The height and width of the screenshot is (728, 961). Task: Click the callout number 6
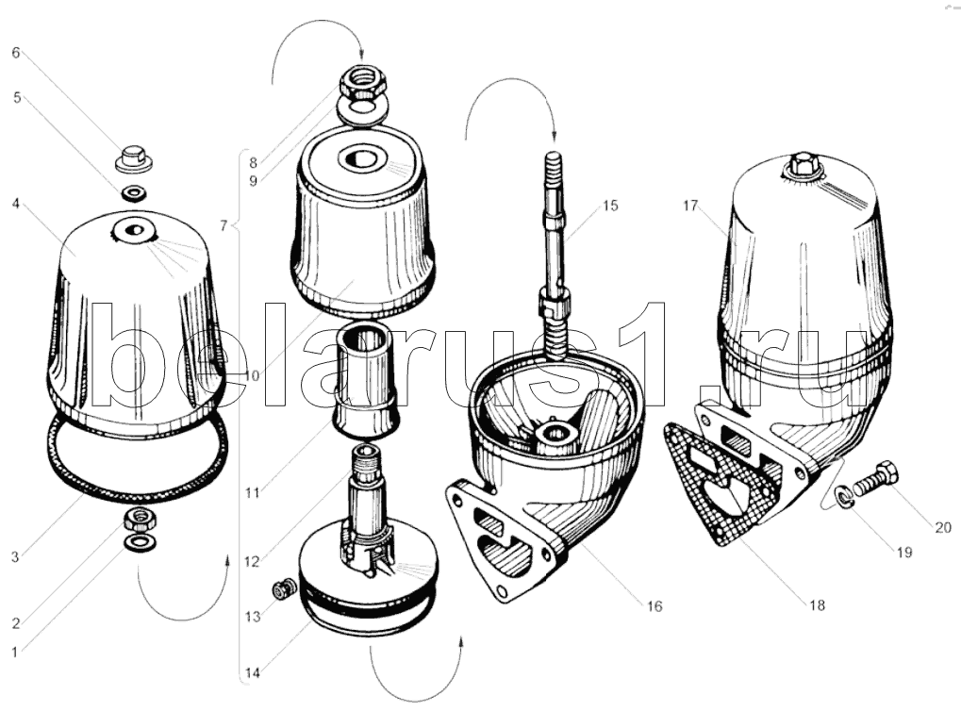tap(16, 53)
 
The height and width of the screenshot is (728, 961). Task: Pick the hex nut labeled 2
tap(141, 520)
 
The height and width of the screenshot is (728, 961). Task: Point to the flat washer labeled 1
tap(140, 542)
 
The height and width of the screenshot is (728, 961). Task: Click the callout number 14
tap(253, 673)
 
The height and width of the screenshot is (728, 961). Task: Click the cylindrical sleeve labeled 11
tap(366, 382)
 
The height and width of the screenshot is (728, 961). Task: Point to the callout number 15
tap(610, 206)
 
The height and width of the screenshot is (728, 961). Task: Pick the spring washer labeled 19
tap(845, 496)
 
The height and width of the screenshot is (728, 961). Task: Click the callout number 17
tap(690, 206)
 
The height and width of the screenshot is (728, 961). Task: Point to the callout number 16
tap(654, 606)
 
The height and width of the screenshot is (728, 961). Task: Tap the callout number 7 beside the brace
tap(224, 226)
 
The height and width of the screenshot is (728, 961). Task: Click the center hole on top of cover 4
tap(133, 231)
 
